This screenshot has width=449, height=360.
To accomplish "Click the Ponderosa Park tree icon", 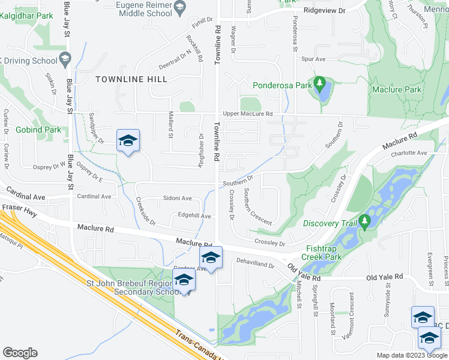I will point(320,82).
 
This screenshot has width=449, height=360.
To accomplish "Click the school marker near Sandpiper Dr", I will point(128,141).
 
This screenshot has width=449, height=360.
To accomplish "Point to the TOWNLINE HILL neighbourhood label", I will point(130,79).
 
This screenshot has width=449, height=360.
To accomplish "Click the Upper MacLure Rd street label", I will point(247,113).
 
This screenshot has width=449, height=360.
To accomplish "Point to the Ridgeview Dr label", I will point(325,11).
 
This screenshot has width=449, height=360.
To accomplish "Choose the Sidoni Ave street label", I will point(177,198).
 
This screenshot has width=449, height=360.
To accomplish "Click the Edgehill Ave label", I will point(194,216).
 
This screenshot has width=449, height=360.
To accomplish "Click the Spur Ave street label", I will point(313,59).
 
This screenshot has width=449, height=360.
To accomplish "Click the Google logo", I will point(20,353).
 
